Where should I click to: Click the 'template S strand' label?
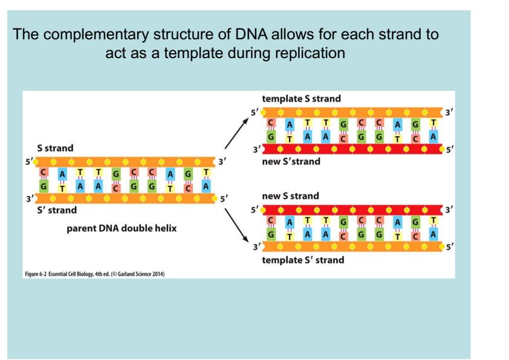coord(300,98)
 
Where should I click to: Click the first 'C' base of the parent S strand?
coord(44,174)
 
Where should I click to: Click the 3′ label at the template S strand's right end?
coord(448,112)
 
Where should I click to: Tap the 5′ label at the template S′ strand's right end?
coord(448,248)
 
